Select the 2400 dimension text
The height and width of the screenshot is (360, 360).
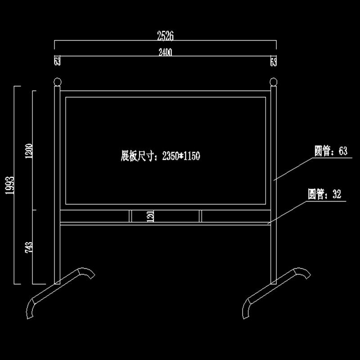[165, 53]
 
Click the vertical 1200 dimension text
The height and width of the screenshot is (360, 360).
[29, 151]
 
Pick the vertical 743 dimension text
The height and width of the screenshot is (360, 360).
[29, 247]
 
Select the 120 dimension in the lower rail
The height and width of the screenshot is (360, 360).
[150, 216]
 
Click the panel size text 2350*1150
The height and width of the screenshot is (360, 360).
[180, 156]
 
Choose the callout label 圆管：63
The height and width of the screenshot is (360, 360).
[331, 151]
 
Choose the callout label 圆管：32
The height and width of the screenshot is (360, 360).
[324, 194]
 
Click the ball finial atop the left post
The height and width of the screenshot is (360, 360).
[57, 82]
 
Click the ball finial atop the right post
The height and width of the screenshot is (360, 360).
[273, 82]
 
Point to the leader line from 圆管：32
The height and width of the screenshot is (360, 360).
[288, 211]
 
